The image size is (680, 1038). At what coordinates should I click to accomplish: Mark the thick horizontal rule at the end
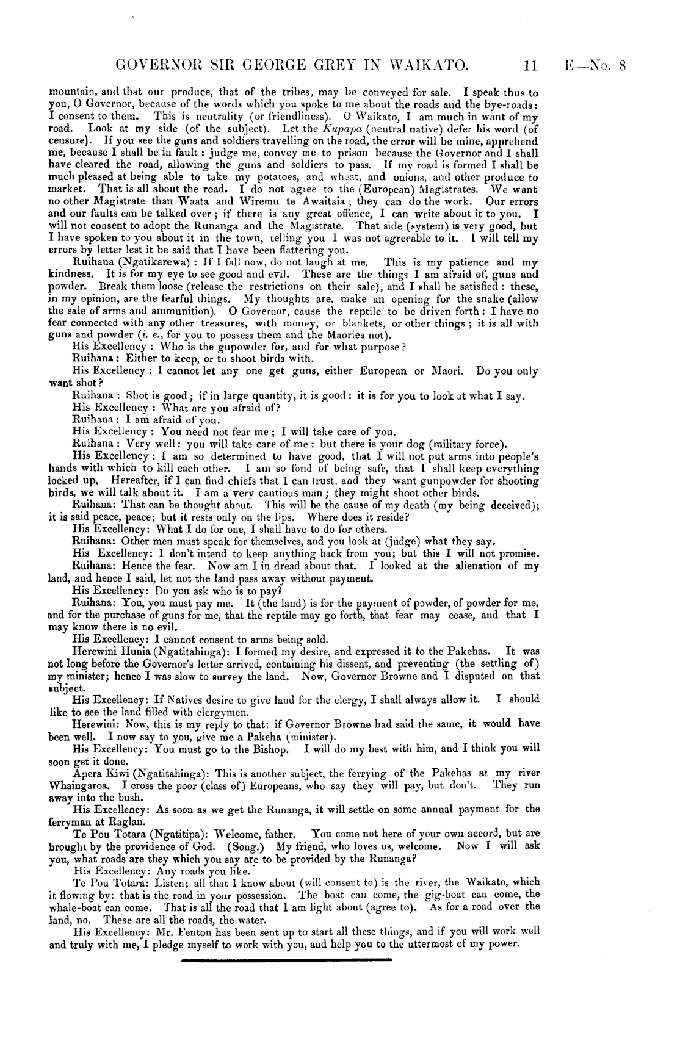(286, 960)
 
